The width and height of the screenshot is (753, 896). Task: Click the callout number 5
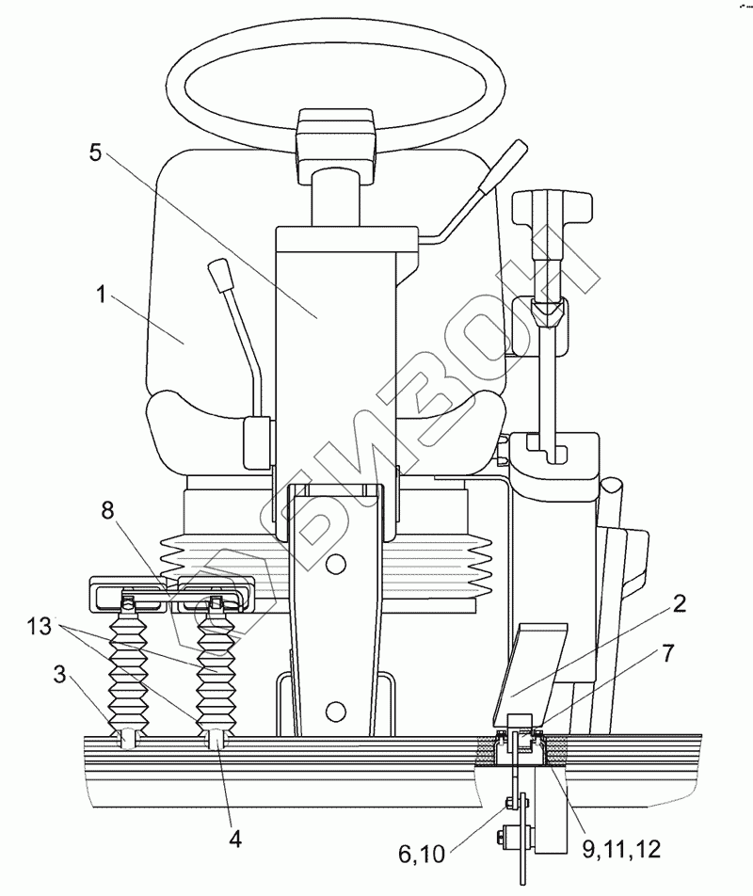pyautogui.click(x=96, y=152)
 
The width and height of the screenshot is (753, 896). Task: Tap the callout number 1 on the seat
pyautogui.click(x=102, y=295)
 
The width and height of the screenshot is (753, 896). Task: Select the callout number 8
pyautogui.click(x=108, y=510)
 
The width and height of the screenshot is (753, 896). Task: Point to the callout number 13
pyautogui.click(x=39, y=626)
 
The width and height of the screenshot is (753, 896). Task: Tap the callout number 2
pyautogui.click(x=679, y=604)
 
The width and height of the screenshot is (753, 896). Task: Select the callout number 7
pyautogui.click(x=667, y=653)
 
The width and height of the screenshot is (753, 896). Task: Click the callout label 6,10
pyautogui.click(x=421, y=854)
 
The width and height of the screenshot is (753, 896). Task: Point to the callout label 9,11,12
pyautogui.click(x=621, y=850)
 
